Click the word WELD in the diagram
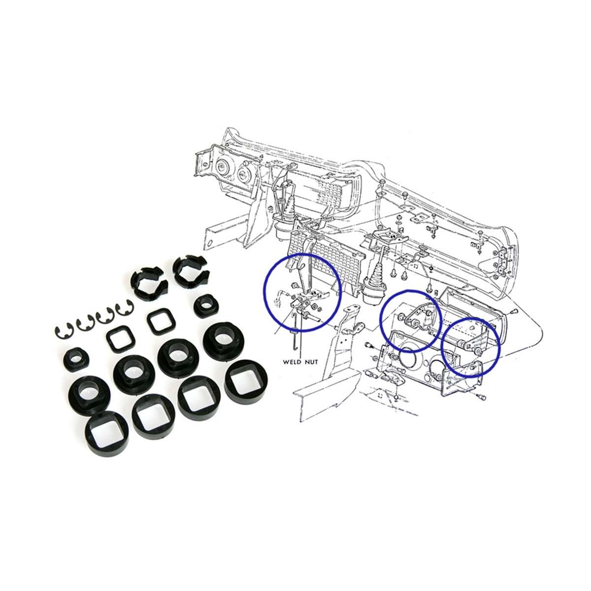click(x=292, y=362)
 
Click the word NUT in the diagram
click(x=312, y=362)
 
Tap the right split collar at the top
click(x=191, y=271)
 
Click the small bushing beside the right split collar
click(x=206, y=306)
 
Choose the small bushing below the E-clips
click(x=76, y=360)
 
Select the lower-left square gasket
click(x=121, y=339)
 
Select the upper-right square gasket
click(x=161, y=322)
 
